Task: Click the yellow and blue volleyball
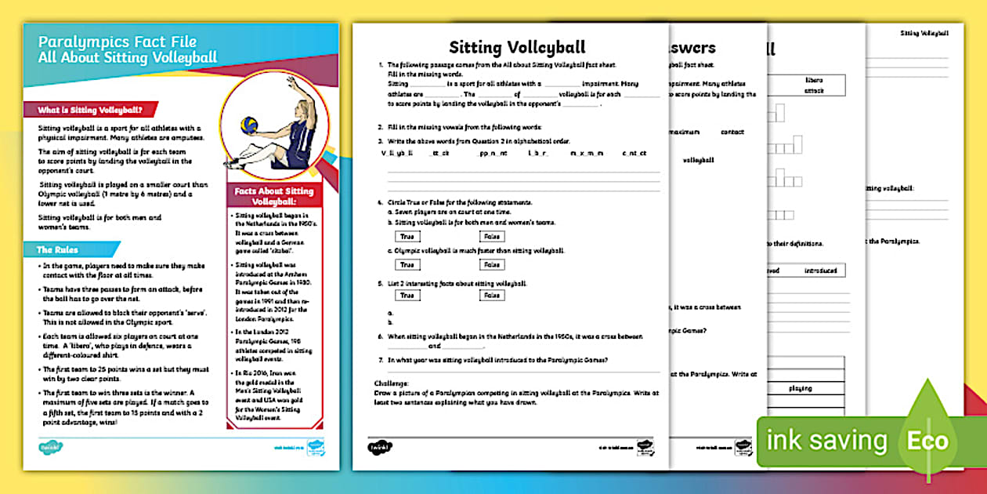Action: click(x=249, y=125)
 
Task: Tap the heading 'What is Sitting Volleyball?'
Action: click(x=90, y=111)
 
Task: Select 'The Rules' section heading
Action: click(x=57, y=250)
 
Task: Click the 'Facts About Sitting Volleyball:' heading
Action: click(x=272, y=196)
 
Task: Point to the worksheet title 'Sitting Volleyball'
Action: click(x=517, y=47)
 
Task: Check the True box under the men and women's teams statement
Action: click(x=407, y=236)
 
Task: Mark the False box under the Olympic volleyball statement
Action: click(x=491, y=265)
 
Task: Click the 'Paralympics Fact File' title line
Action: click(x=117, y=42)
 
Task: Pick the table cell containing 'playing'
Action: click(x=800, y=388)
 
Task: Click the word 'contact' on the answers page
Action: click(x=732, y=132)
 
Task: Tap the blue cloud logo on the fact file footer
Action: click(x=51, y=448)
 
